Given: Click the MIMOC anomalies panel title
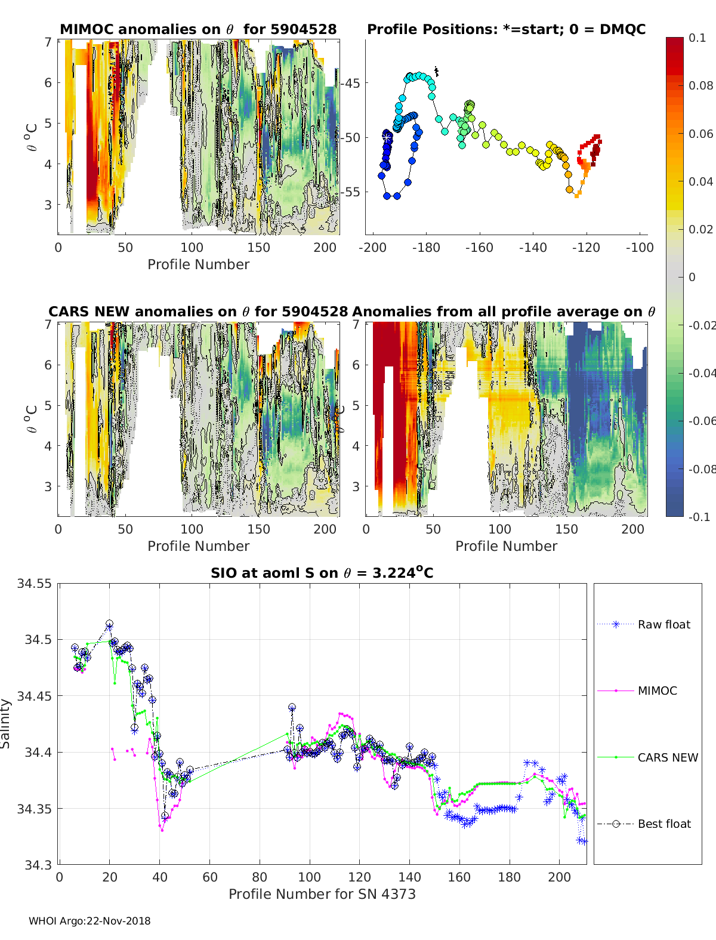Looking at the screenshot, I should pos(198,29).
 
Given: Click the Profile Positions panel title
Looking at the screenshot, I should pos(506,29).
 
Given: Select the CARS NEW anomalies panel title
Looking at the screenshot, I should pos(198,312).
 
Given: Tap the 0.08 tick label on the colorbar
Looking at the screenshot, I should pos(700,85).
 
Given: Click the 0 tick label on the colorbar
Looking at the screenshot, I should pos(692,277).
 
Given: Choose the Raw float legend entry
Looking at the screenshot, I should pos(663,624).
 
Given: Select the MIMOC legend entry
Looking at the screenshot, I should pos(657,691).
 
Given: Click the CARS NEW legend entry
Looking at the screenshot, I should pos(668,757).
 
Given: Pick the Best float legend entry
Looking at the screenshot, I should pos(664,824).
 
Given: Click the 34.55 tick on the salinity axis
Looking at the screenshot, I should pos(34,584).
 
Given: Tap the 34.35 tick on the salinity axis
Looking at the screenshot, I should pos(34,809).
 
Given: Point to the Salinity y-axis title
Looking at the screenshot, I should pos(6,723).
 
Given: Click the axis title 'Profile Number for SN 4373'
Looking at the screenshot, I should pos(322,894).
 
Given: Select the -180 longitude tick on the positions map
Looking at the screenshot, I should pos(425,248).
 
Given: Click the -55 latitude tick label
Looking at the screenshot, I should pos(351,192).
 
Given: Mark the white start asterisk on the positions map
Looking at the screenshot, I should pos(387,138).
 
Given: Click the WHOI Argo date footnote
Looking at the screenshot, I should pos(89,921).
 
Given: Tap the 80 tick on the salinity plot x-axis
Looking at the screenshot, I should pos(260,877).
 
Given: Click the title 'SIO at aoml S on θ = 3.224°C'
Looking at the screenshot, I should pos(322,573).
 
